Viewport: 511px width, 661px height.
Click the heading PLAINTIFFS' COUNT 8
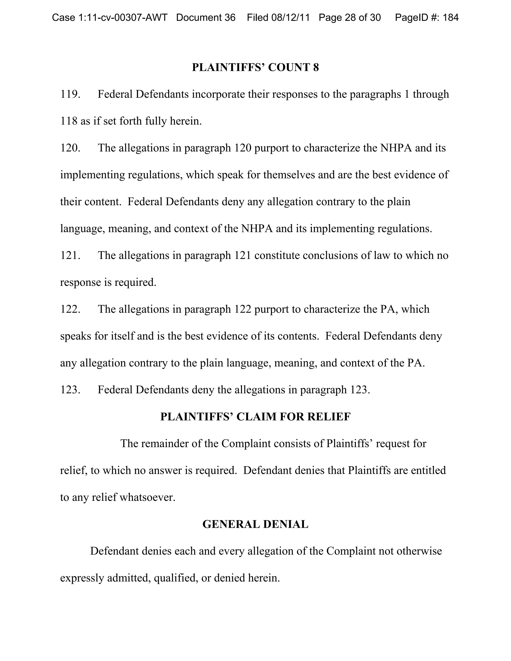(x=255, y=67)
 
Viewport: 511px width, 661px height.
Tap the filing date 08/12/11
(x=290, y=17)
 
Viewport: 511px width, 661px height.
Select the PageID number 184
(x=450, y=17)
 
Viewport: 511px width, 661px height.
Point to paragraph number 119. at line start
(x=70, y=95)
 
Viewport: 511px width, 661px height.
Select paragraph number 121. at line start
(x=70, y=255)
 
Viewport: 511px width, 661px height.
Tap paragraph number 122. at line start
(x=70, y=309)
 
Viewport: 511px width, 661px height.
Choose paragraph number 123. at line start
(x=70, y=390)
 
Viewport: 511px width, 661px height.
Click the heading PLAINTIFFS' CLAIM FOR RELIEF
(x=255, y=417)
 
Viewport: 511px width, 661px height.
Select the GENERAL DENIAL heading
(x=255, y=524)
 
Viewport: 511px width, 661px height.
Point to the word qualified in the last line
(x=176, y=578)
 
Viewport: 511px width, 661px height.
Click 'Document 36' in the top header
(x=206, y=17)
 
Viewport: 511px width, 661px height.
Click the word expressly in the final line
(x=82, y=578)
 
